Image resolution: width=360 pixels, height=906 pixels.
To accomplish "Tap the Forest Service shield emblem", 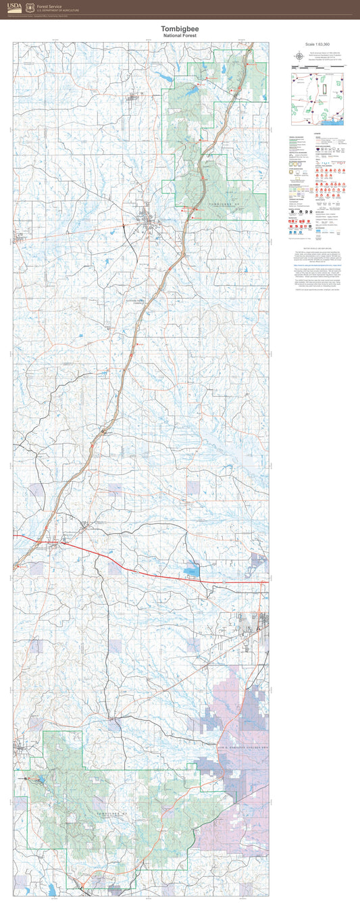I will pos(29,8).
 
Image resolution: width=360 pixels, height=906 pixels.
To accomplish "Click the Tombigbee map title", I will pos(180,29).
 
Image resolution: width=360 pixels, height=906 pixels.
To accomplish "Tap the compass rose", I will pos(298,55).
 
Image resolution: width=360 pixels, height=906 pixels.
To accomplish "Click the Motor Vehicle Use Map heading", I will pos(315,249).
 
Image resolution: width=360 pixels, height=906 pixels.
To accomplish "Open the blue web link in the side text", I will pos(315,266).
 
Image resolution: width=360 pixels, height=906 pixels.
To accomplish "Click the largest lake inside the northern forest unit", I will pos(193,89).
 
